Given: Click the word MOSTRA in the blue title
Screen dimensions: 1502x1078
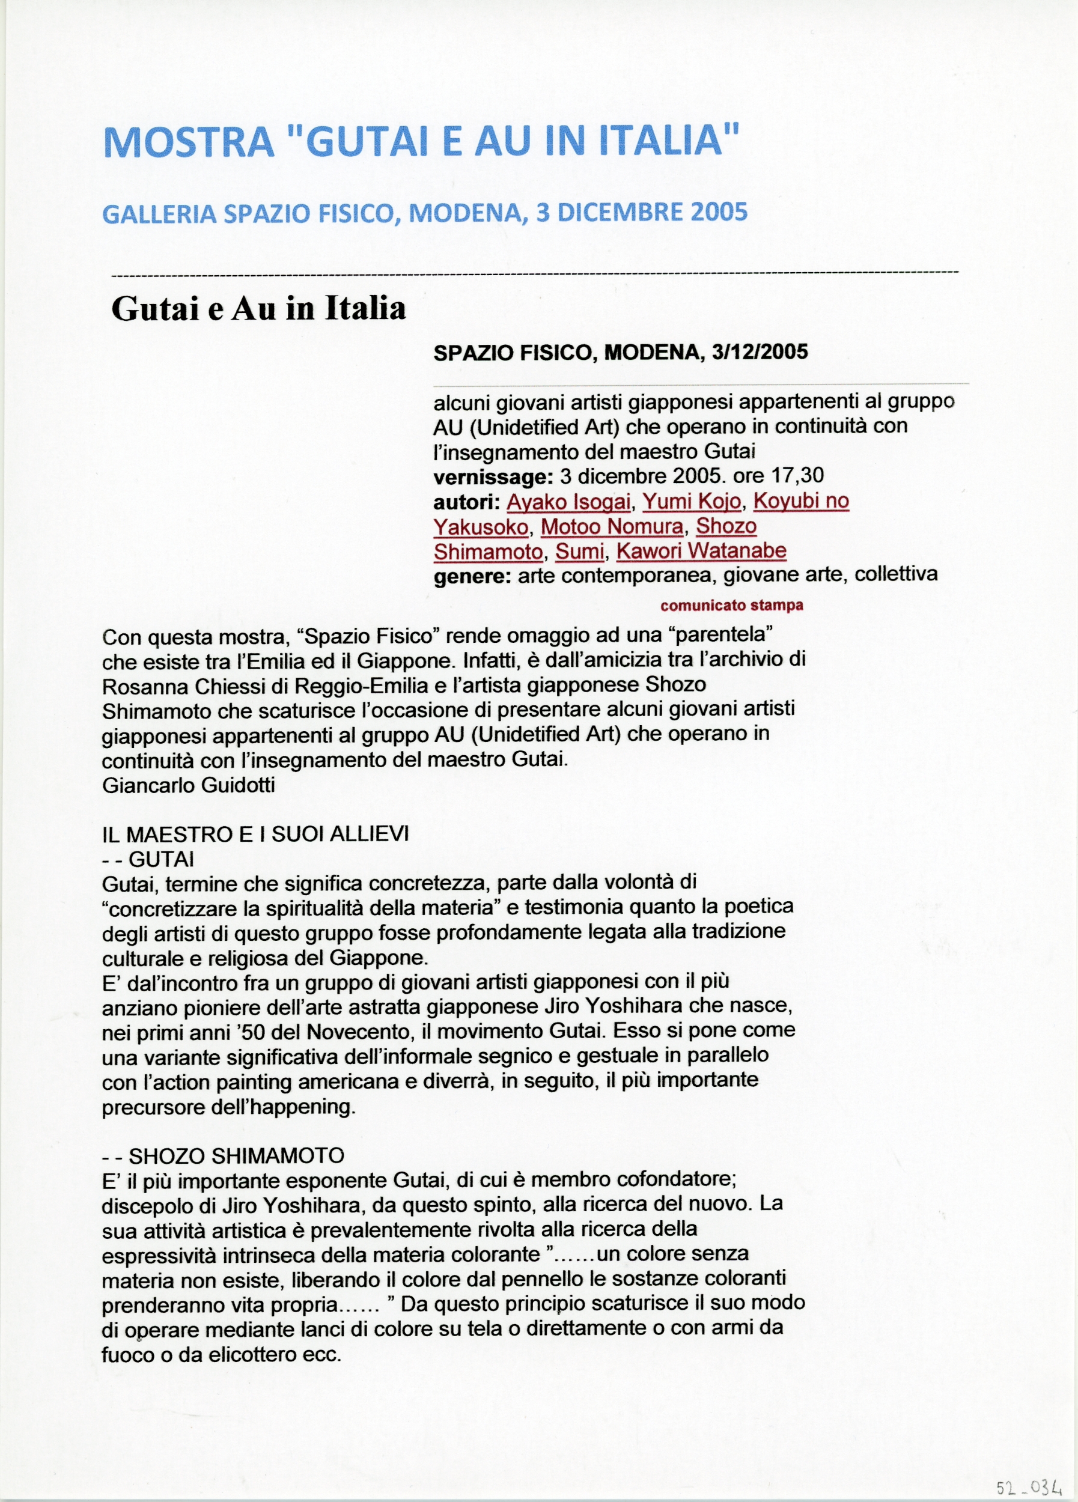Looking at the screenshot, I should (x=189, y=141).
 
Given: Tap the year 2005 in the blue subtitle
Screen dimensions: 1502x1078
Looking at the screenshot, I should (x=719, y=212).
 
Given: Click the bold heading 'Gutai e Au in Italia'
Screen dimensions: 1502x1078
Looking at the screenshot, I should (x=258, y=309).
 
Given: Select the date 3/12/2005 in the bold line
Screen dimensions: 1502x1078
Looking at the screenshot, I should (x=760, y=351).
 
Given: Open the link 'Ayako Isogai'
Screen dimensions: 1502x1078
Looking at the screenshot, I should (x=568, y=502).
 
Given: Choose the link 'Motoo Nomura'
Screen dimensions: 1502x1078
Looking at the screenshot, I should (x=612, y=526).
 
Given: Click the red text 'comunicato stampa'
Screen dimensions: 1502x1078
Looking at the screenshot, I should (x=732, y=605).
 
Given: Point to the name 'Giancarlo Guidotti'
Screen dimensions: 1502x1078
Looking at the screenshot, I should (x=188, y=785).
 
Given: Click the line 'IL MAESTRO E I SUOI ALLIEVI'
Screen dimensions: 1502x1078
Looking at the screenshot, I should (x=255, y=834).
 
